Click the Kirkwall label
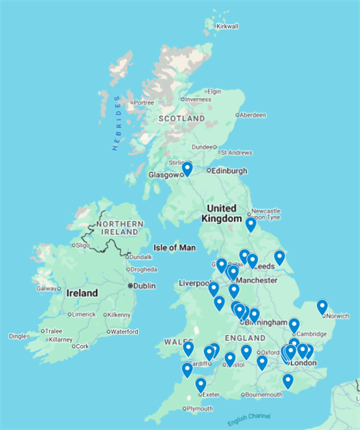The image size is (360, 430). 227,27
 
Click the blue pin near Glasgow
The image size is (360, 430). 187,169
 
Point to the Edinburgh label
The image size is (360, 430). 229,171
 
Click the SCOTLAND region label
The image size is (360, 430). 181,118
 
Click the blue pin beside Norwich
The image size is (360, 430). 322,307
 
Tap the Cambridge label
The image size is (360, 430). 310,334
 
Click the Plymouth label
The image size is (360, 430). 199,408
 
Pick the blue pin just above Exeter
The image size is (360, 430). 200,384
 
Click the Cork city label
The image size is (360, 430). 82,346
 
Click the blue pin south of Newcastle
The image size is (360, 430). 250,224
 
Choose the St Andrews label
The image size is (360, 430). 236,152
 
